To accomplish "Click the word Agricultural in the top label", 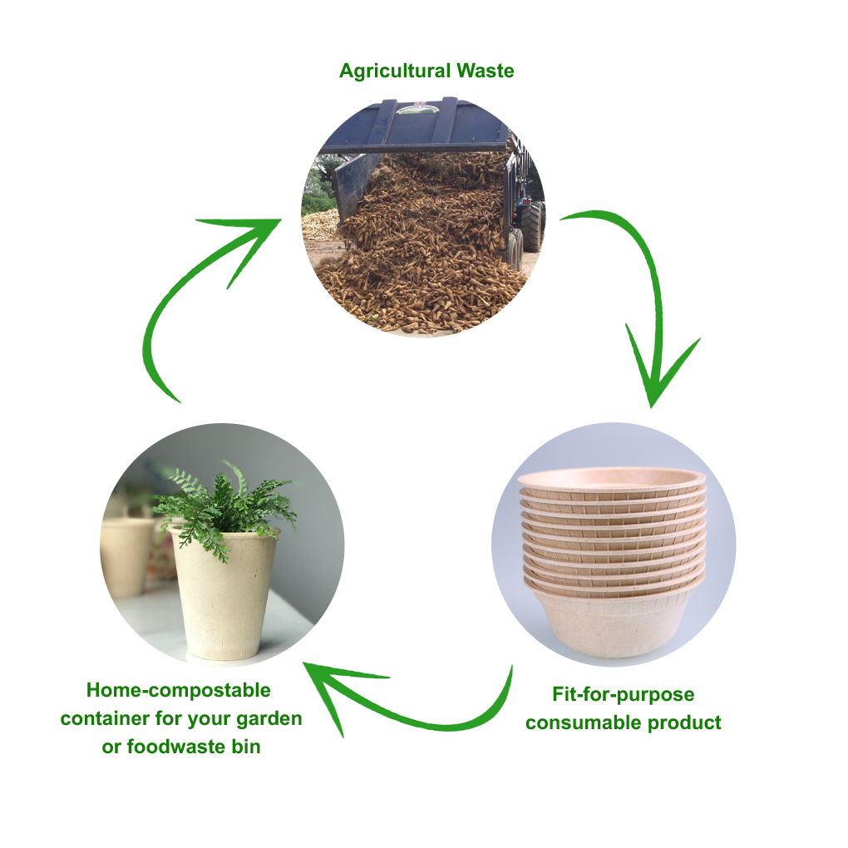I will coord(394,71).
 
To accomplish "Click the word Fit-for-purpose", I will coord(623,694).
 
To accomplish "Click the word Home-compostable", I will coord(179,690).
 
